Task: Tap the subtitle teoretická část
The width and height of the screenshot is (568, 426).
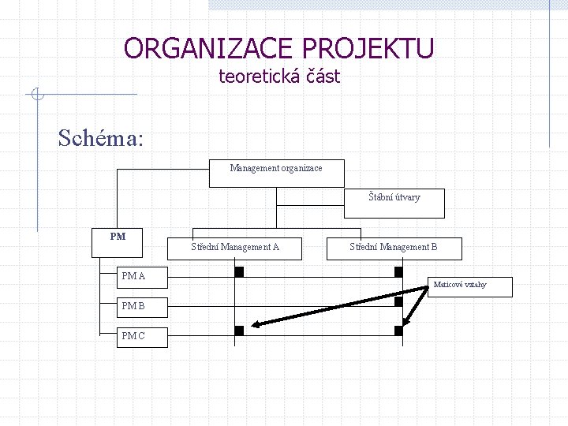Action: pos(279,77)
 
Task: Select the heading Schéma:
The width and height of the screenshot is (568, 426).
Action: pos(100,138)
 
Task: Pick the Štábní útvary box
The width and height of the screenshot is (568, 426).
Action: pos(394,204)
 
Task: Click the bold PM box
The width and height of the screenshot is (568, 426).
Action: pos(118,243)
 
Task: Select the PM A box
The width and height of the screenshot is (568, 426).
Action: pos(132,277)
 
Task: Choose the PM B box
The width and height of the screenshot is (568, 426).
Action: pos(132,306)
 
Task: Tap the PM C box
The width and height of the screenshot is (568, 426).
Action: pos(132,337)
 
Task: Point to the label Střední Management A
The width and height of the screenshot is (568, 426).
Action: pos(235,247)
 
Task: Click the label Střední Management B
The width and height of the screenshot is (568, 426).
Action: pos(393,247)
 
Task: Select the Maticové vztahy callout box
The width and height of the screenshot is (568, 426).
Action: pos(472,287)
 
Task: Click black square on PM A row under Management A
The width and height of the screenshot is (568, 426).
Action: pos(239,272)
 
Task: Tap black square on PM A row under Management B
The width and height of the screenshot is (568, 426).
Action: pos(398,272)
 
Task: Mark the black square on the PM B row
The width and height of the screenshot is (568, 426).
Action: pos(398,301)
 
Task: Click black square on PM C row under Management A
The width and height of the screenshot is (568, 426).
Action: pos(239,331)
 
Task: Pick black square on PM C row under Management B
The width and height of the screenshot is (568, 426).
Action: pos(398,331)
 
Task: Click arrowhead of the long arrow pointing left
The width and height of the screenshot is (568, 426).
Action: pos(256,324)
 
